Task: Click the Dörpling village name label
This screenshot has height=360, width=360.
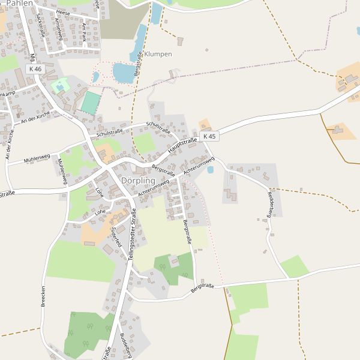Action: click(138, 181)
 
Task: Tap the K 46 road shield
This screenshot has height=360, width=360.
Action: click(35, 69)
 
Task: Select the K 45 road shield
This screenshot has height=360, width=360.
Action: click(209, 136)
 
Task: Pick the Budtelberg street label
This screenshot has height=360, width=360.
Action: click(126, 344)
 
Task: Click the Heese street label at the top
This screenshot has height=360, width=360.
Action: click(63, 12)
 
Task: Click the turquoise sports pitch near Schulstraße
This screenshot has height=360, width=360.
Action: click(91, 103)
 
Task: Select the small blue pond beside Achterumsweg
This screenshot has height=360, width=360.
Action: click(210, 170)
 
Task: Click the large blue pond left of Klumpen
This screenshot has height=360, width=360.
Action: click(124, 73)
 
